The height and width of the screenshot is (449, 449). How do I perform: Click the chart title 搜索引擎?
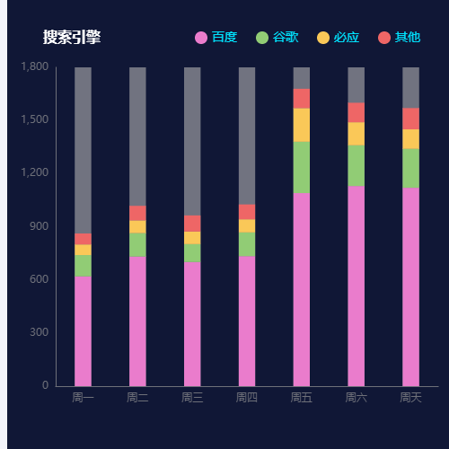[72, 38]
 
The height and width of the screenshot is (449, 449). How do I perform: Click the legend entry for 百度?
[216, 38]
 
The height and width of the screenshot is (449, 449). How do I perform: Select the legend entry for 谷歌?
[277, 38]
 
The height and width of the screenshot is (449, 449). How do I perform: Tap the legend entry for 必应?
[339, 38]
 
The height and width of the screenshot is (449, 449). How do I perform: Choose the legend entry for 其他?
[400, 38]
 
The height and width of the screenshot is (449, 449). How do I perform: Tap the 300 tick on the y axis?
[39, 333]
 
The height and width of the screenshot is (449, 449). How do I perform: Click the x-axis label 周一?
[83, 397]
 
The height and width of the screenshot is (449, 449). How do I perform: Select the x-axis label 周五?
[302, 397]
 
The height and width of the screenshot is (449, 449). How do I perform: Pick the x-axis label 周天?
[410, 397]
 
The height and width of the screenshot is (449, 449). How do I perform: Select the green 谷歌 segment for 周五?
[302, 167]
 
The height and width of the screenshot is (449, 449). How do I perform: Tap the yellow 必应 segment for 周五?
[302, 125]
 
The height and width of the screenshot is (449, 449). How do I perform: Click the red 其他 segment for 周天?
[410, 119]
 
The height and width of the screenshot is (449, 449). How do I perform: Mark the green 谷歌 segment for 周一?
[83, 265]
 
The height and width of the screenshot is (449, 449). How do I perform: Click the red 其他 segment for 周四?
[247, 212]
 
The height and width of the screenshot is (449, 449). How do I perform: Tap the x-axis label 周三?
[192, 397]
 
